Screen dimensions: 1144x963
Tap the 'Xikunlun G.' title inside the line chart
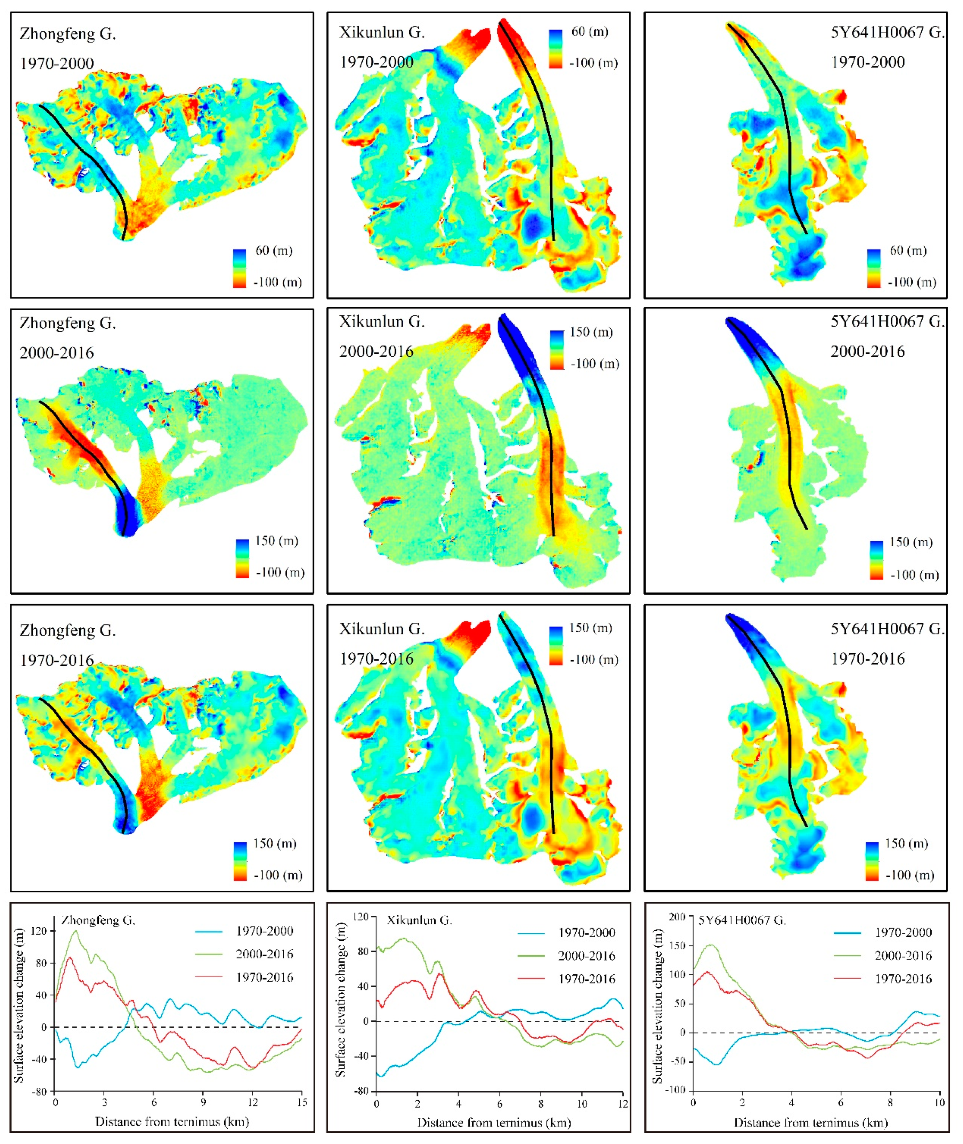(x=419, y=920)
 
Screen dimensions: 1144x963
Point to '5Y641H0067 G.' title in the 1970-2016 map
(x=887, y=629)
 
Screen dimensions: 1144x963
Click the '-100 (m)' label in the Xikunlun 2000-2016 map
(x=594, y=364)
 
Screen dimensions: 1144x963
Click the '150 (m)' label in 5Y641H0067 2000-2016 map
(x=911, y=542)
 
